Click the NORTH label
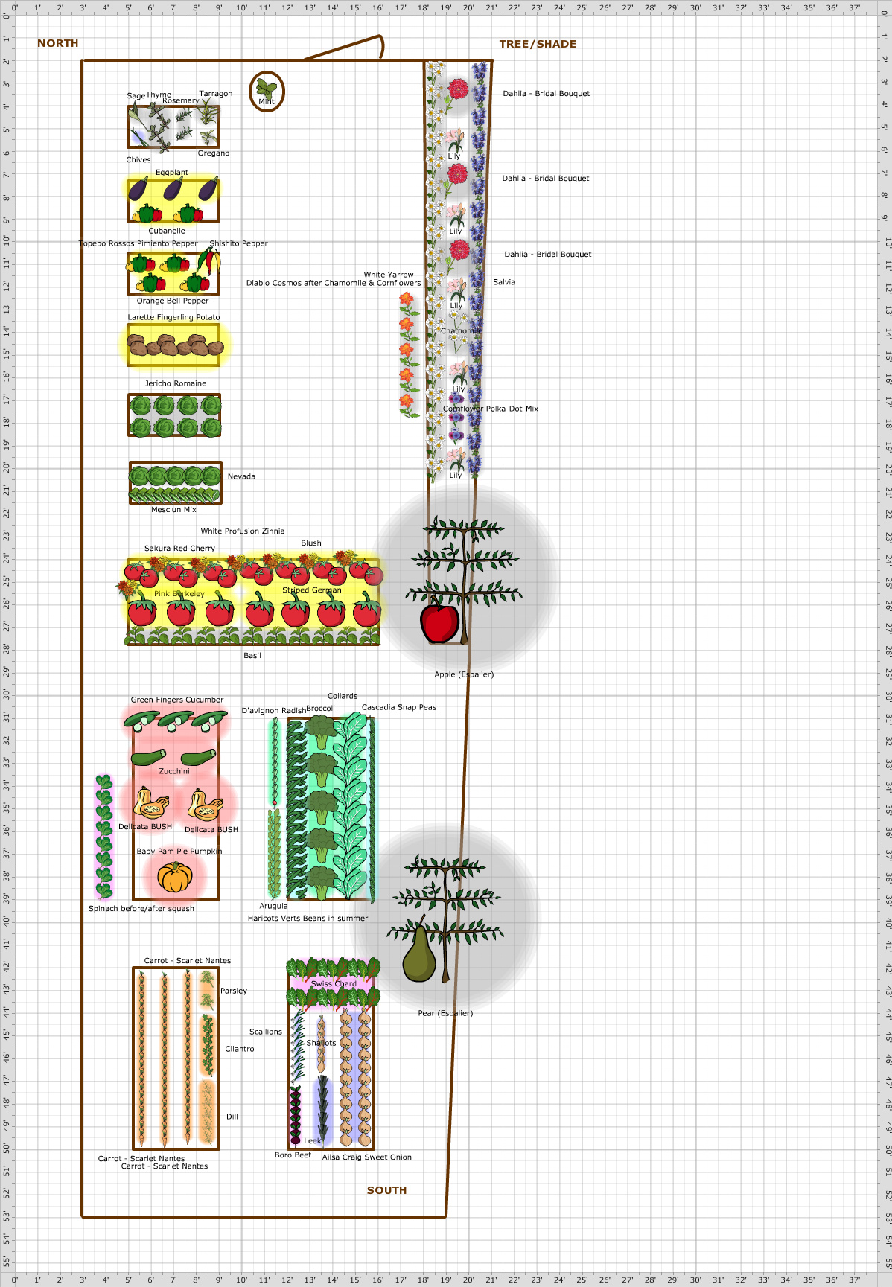coord(57,43)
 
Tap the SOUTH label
coord(386,1190)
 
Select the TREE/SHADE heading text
coord(538,44)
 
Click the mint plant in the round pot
coord(266,91)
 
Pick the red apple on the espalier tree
coord(439,623)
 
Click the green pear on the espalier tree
coord(419,957)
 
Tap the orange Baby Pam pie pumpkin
coord(175,877)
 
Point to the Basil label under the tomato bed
coord(252,656)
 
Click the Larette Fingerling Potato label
coord(173,317)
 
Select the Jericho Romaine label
coord(176,383)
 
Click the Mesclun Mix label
coord(173,510)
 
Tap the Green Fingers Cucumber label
coord(177,700)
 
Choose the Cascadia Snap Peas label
coord(399,707)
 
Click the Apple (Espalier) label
coord(464,674)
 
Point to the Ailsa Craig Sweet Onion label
coord(367,1157)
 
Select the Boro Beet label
coord(293,1155)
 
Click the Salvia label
coord(504,282)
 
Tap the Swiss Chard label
coord(334,983)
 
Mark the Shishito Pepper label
coord(238,243)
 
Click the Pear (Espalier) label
coord(445,1013)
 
